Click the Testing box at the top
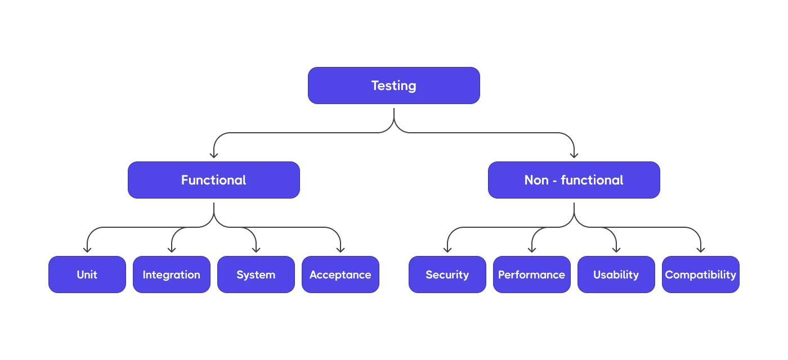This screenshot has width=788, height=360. (x=394, y=85)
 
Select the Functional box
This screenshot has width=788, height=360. (x=214, y=180)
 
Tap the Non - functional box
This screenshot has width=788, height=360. (x=574, y=180)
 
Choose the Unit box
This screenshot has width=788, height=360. (x=87, y=274)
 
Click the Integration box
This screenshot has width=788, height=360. (x=172, y=274)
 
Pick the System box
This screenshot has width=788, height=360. (x=256, y=274)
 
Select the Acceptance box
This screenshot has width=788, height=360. (x=341, y=274)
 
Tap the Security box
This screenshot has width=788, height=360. (x=447, y=274)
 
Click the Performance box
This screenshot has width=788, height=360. (x=532, y=274)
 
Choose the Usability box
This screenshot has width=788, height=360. (x=616, y=274)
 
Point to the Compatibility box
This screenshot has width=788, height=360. (x=701, y=274)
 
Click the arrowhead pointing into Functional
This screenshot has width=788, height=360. (x=214, y=155)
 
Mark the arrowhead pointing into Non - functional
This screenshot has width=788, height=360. (x=574, y=155)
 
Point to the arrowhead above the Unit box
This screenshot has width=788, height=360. (x=87, y=249)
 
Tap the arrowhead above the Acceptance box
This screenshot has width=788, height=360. (x=341, y=249)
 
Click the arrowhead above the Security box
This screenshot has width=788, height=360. (x=447, y=249)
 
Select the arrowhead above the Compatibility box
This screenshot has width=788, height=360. (x=701, y=249)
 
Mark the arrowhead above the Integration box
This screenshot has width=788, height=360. (x=172, y=249)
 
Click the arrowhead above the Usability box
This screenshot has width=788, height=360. (x=616, y=249)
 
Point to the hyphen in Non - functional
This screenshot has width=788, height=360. (x=555, y=181)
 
